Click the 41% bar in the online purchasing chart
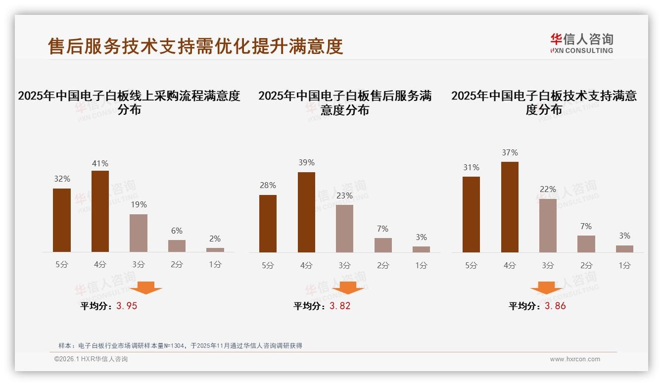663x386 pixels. tap(100, 211)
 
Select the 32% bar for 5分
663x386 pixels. tap(62, 220)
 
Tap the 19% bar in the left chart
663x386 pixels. tap(139, 233)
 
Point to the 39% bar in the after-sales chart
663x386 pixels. tap(306, 212)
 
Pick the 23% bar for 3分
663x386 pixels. tap(344, 229)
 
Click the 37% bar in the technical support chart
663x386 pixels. tap(510, 207)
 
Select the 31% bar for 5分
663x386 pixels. tap(471, 214)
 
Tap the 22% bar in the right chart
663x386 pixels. tap(548, 226)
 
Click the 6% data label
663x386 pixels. tap(177, 231)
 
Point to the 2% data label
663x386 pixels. tap(215, 239)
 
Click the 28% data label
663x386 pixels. tap(268, 185)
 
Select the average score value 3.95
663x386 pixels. tap(127, 306)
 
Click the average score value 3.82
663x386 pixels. tap(340, 306)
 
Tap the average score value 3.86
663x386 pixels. tap(555, 306)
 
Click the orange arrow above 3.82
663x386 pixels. tap(348, 288)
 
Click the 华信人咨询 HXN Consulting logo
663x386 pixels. tap(581, 43)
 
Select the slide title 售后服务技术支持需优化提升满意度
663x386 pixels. tap(195, 47)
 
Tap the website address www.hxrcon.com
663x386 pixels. tap(575, 359)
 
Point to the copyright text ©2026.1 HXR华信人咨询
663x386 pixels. tap(91, 359)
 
